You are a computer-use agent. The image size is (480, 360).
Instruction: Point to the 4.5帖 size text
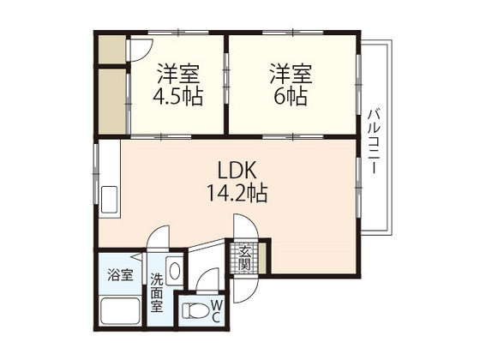178,96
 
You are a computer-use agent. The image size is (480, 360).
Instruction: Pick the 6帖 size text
291,96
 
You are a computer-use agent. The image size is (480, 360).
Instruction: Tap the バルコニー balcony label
374,141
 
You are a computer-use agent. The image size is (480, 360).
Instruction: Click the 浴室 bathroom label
120,275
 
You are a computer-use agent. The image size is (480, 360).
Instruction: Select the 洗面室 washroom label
157,293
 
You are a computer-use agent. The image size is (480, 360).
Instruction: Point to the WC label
216,310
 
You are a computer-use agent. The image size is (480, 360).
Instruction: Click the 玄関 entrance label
245,256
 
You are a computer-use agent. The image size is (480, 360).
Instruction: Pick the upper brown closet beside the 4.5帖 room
111,51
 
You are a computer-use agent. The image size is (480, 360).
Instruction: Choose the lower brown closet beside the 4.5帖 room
111,101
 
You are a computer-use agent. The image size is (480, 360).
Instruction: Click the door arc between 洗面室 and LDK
158,239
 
